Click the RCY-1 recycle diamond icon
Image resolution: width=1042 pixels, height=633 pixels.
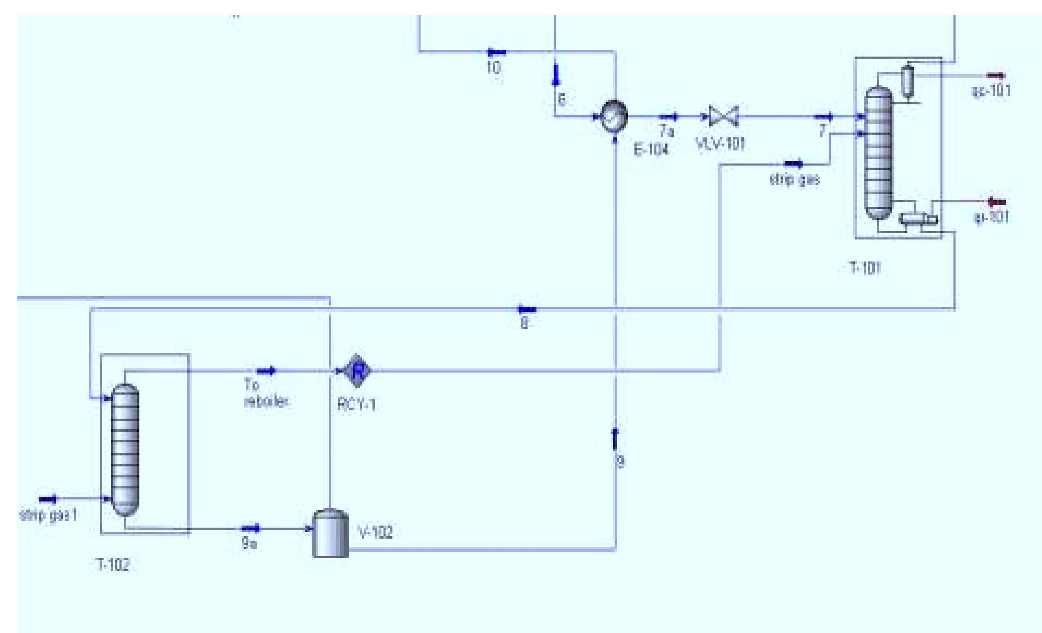click(x=358, y=371)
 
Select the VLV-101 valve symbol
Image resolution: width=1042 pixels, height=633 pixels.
click(x=723, y=116)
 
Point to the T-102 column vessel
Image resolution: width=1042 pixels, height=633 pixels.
click(x=126, y=450)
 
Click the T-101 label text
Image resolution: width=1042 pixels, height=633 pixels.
click(x=864, y=268)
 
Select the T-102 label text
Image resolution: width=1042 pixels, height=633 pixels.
click(x=113, y=565)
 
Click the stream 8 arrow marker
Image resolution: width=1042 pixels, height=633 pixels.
click(x=526, y=309)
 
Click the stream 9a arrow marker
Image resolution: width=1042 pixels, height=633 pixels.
click(x=250, y=528)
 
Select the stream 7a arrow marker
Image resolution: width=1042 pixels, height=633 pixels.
click(x=668, y=116)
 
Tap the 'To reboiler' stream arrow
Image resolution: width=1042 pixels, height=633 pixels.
click(x=267, y=371)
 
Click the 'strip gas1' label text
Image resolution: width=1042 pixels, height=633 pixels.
click(x=48, y=515)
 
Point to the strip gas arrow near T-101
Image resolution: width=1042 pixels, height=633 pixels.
click(x=794, y=165)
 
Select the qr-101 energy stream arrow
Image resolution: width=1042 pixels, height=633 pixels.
click(x=995, y=202)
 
